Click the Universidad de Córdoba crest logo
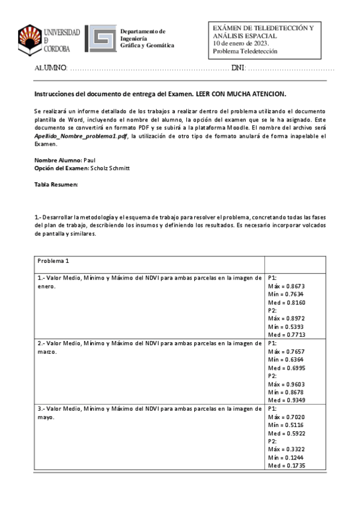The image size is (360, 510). pyautogui.click(x=29, y=39)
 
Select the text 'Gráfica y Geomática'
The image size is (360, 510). pyautogui.click(x=147, y=46)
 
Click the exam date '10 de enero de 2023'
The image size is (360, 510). pyautogui.click(x=241, y=43)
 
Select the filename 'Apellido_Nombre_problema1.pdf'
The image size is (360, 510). pyautogui.click(x=81, y=137)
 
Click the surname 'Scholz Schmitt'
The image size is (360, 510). pyautogui.click(x=109, y=168)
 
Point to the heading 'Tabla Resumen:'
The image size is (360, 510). pyautogui.click(x=56, y=184)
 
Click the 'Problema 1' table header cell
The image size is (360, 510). pyautogui.click(x=54, y=261)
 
